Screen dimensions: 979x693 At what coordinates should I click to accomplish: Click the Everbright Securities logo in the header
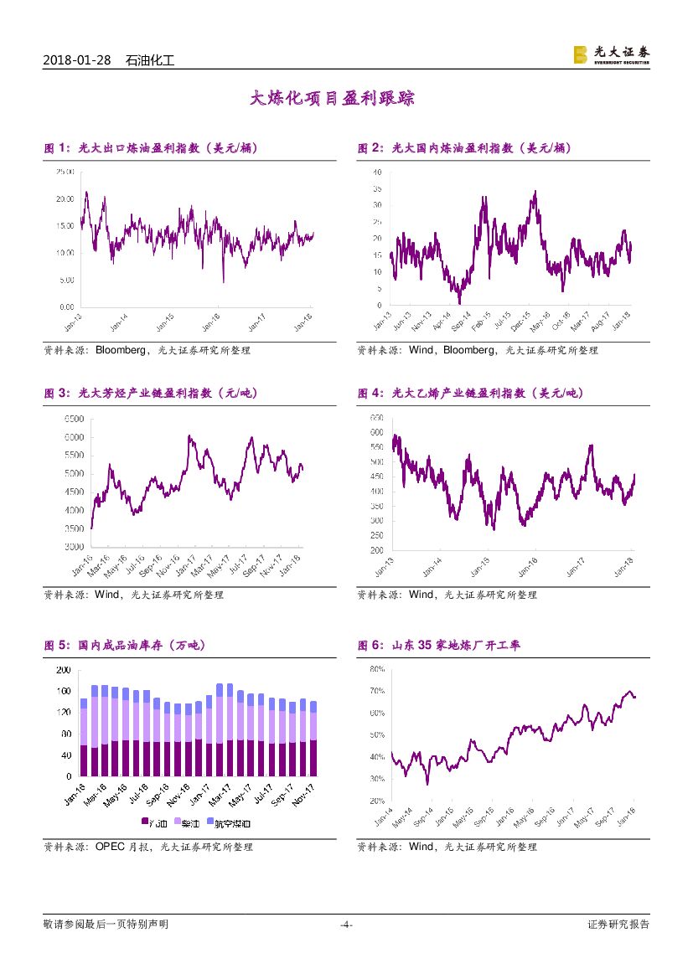(x=611, y=55)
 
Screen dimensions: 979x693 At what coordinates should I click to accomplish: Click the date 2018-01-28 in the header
(x=78, y=60)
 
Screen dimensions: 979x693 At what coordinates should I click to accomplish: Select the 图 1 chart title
(x=151, y=148)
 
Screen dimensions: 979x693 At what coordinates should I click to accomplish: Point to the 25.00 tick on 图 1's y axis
(x=65, y=172)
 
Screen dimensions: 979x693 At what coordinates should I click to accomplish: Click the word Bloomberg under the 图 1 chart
(x=124, y=350)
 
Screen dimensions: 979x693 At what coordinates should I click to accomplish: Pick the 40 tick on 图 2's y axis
(x=377, y=173)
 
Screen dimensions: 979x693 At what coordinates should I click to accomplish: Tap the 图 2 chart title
(x=464, y=148)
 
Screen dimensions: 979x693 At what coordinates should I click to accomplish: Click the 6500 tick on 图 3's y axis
(x=73, y=419)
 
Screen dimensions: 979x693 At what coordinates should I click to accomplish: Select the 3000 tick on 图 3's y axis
(x=73, y=547)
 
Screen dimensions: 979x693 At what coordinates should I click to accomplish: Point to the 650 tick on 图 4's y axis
(x=376, y=417)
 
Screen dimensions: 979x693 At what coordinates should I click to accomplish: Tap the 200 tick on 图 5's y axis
(x=64, y=671)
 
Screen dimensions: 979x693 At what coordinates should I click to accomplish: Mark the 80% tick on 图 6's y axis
(x=376, y=669)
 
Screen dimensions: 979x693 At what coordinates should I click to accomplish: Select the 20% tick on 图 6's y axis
(x=376, y=801)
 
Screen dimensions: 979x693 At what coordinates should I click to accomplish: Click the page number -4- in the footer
(x=346, y=925)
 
